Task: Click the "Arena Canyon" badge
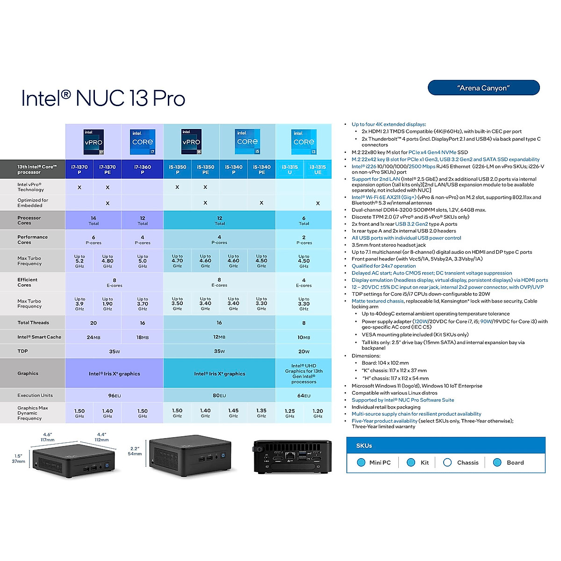[483, 87]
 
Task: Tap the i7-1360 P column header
[143, 169]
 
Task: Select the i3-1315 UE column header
[317, 169]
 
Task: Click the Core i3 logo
[304, 142]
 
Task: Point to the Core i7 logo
[143, 142]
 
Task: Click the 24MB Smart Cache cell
[93, 337]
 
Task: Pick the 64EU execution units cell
[303, 396]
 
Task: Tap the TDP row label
[23, 351]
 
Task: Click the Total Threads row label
[33, 323]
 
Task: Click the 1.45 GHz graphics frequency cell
[233, 413]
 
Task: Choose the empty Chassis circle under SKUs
[447, 462]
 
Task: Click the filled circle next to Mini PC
[361, 462]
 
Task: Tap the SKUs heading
[364, 446]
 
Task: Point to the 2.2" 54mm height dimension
[135, 451]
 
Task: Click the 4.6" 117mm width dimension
[48, 437]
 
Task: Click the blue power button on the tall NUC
[223, 455]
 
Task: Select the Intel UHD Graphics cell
[303, 374]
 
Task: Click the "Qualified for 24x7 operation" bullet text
[384, 266]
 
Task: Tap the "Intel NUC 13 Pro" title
[103, 98]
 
